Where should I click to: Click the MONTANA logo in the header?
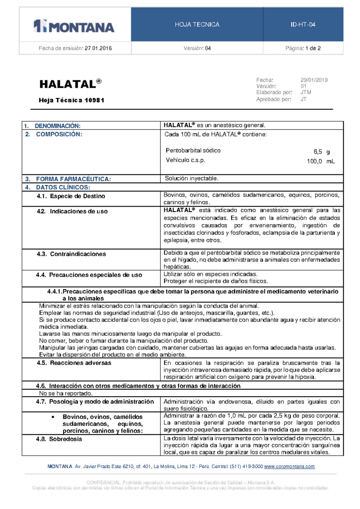pyautogui.click(x=74, y=26)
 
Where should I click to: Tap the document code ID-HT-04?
pyautogui.click(x=303, y=25)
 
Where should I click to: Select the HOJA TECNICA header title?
pyautogui.click(x=197, y=25)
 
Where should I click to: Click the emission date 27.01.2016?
pyautogui.click(x=98, y=48)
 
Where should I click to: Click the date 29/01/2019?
pyautogui.click(x=314, y=80)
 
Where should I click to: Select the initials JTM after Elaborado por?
pyautogui.click(x=306, y=92)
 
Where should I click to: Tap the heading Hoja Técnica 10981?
pyautogui.click(x=71, y=100)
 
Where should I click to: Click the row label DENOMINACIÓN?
pyautogui.click(x=57, y=126)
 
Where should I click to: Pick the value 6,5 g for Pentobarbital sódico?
pyautogui.click(x=322, y=152)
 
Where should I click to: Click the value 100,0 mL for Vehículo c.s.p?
pyautogui.click(x=321, y=161)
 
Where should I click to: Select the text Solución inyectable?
pyautogui.click(x=192, y=179)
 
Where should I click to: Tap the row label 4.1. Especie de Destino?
pyautogui.click(x=71, y=196)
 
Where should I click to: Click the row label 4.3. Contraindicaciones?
pyautogui.click(x=71, y=254)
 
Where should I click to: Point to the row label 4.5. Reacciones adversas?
pyautogui.click(x=74, y=363)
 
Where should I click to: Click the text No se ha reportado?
pyautogui.click(x=66, y=393)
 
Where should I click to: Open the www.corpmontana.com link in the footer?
pyautogui.click(x=289, y=467)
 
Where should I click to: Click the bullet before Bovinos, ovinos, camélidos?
pyautogui.click(x=53, y=417)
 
